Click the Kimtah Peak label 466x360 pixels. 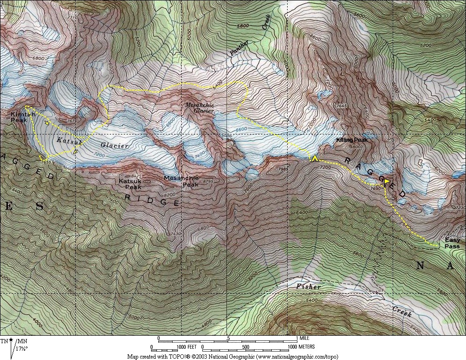20,117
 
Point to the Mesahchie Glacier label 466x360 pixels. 199,108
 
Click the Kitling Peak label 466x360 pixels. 352,140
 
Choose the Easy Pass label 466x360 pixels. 452,243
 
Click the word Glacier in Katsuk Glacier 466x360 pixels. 114,146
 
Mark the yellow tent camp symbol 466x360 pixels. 315,158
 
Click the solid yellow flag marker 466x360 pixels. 387,181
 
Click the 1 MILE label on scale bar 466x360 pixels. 303,338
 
